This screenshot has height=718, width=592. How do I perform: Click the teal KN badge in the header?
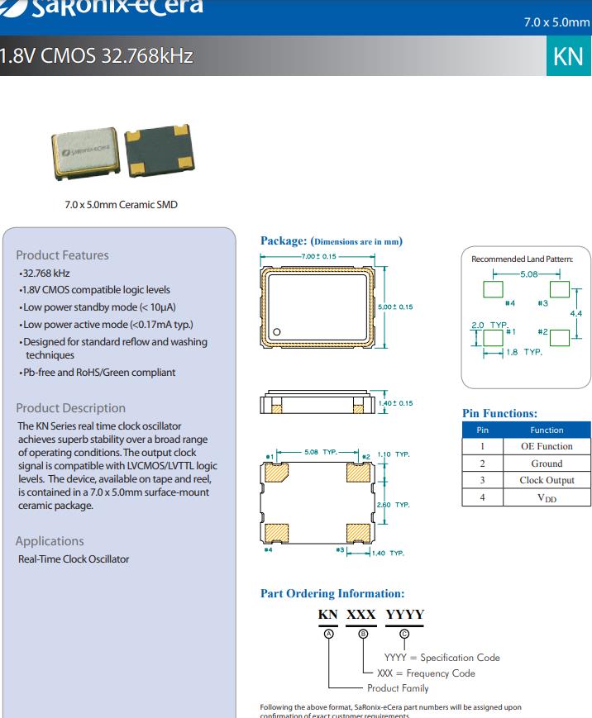coord(569,55)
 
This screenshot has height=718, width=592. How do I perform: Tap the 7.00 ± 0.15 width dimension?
coord(318,257)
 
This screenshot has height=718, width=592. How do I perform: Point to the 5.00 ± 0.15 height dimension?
coord(394,307)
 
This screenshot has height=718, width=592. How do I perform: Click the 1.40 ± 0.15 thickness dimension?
coord(396,403)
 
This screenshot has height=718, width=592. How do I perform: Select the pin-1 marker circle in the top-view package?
coord(277,332)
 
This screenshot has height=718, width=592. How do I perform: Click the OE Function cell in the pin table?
coord(547,446)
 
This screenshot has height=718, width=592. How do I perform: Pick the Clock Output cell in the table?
coord(547,480)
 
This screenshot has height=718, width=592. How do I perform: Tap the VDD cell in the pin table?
coord(547,497)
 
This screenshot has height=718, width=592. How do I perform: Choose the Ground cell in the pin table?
coord(547,464)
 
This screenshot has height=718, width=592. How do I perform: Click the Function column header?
coord(547,430)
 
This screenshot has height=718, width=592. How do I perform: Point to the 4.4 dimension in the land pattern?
coord(575,314)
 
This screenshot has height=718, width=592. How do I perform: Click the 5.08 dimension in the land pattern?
coord(528,273)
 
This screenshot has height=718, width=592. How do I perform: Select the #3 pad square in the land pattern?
coord(560,288)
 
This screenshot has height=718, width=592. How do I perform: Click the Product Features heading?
coord(62,255)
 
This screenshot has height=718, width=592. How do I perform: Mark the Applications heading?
coord(50,541)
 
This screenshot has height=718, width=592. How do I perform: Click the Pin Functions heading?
coord(499,413)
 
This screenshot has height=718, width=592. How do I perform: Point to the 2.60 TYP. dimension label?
coord(393,505)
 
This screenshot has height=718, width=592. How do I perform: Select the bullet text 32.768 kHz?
coord(46,273)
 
